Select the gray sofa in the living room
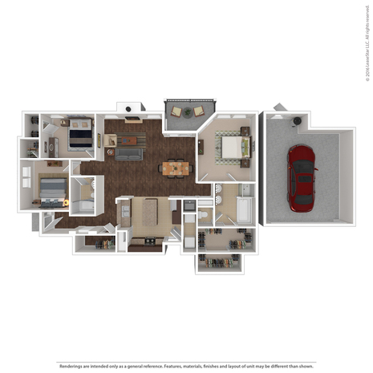point(128,152)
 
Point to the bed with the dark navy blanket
point(79,135)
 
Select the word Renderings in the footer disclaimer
point(74,365)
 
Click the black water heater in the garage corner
point(298,121)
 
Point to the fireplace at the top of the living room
point(128,108)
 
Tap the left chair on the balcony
point(187,111)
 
